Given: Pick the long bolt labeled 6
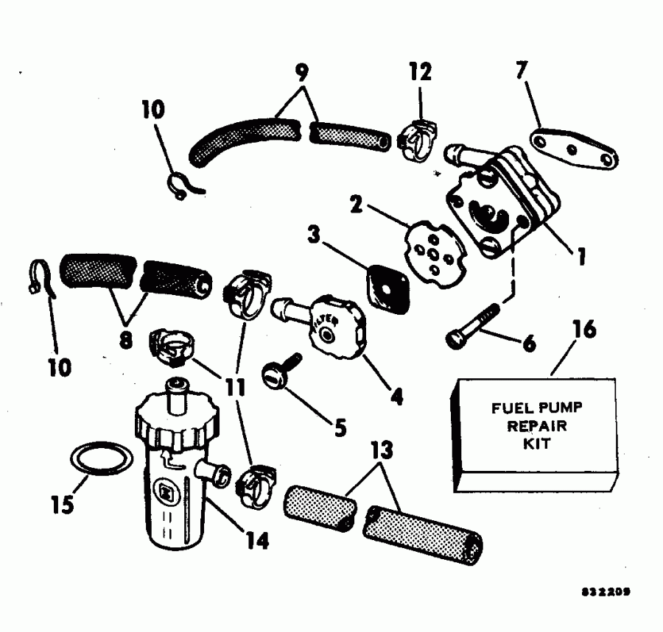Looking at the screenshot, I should click(x=474, y=327).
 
